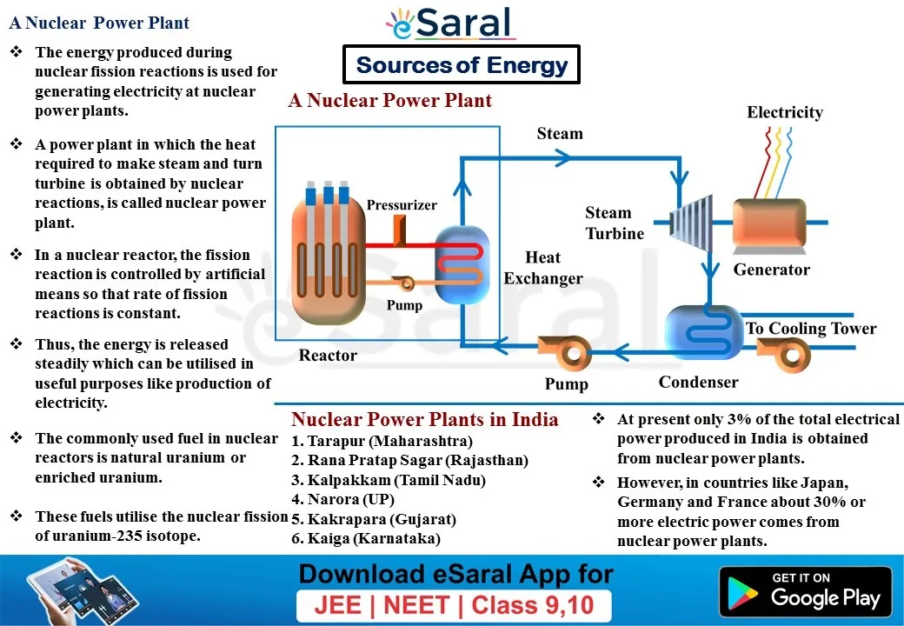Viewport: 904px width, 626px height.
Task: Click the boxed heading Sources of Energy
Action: [462, 64]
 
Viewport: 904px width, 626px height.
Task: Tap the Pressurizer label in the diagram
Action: [402, 205]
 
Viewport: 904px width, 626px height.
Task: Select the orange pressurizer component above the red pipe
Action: [400, 230]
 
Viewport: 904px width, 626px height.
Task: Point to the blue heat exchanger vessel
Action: [462, 264]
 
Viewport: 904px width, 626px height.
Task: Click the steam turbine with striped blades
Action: [691, 223]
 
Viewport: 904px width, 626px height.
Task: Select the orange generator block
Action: [769, 226]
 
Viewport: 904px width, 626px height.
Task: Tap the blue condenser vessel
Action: [704, 333]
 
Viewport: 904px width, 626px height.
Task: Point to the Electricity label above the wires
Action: [785, 112]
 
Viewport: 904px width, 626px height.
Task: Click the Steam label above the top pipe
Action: [560, 134]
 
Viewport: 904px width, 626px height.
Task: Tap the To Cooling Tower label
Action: [811, 329]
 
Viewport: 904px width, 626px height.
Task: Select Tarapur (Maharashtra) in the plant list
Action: [382, 441]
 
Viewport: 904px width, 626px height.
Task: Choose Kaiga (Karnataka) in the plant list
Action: [366, 538]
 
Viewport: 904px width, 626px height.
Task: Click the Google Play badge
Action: [806, 591]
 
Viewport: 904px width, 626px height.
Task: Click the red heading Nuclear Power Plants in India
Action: [425, 419]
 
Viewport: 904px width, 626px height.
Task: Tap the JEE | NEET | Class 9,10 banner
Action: [454, 606]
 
